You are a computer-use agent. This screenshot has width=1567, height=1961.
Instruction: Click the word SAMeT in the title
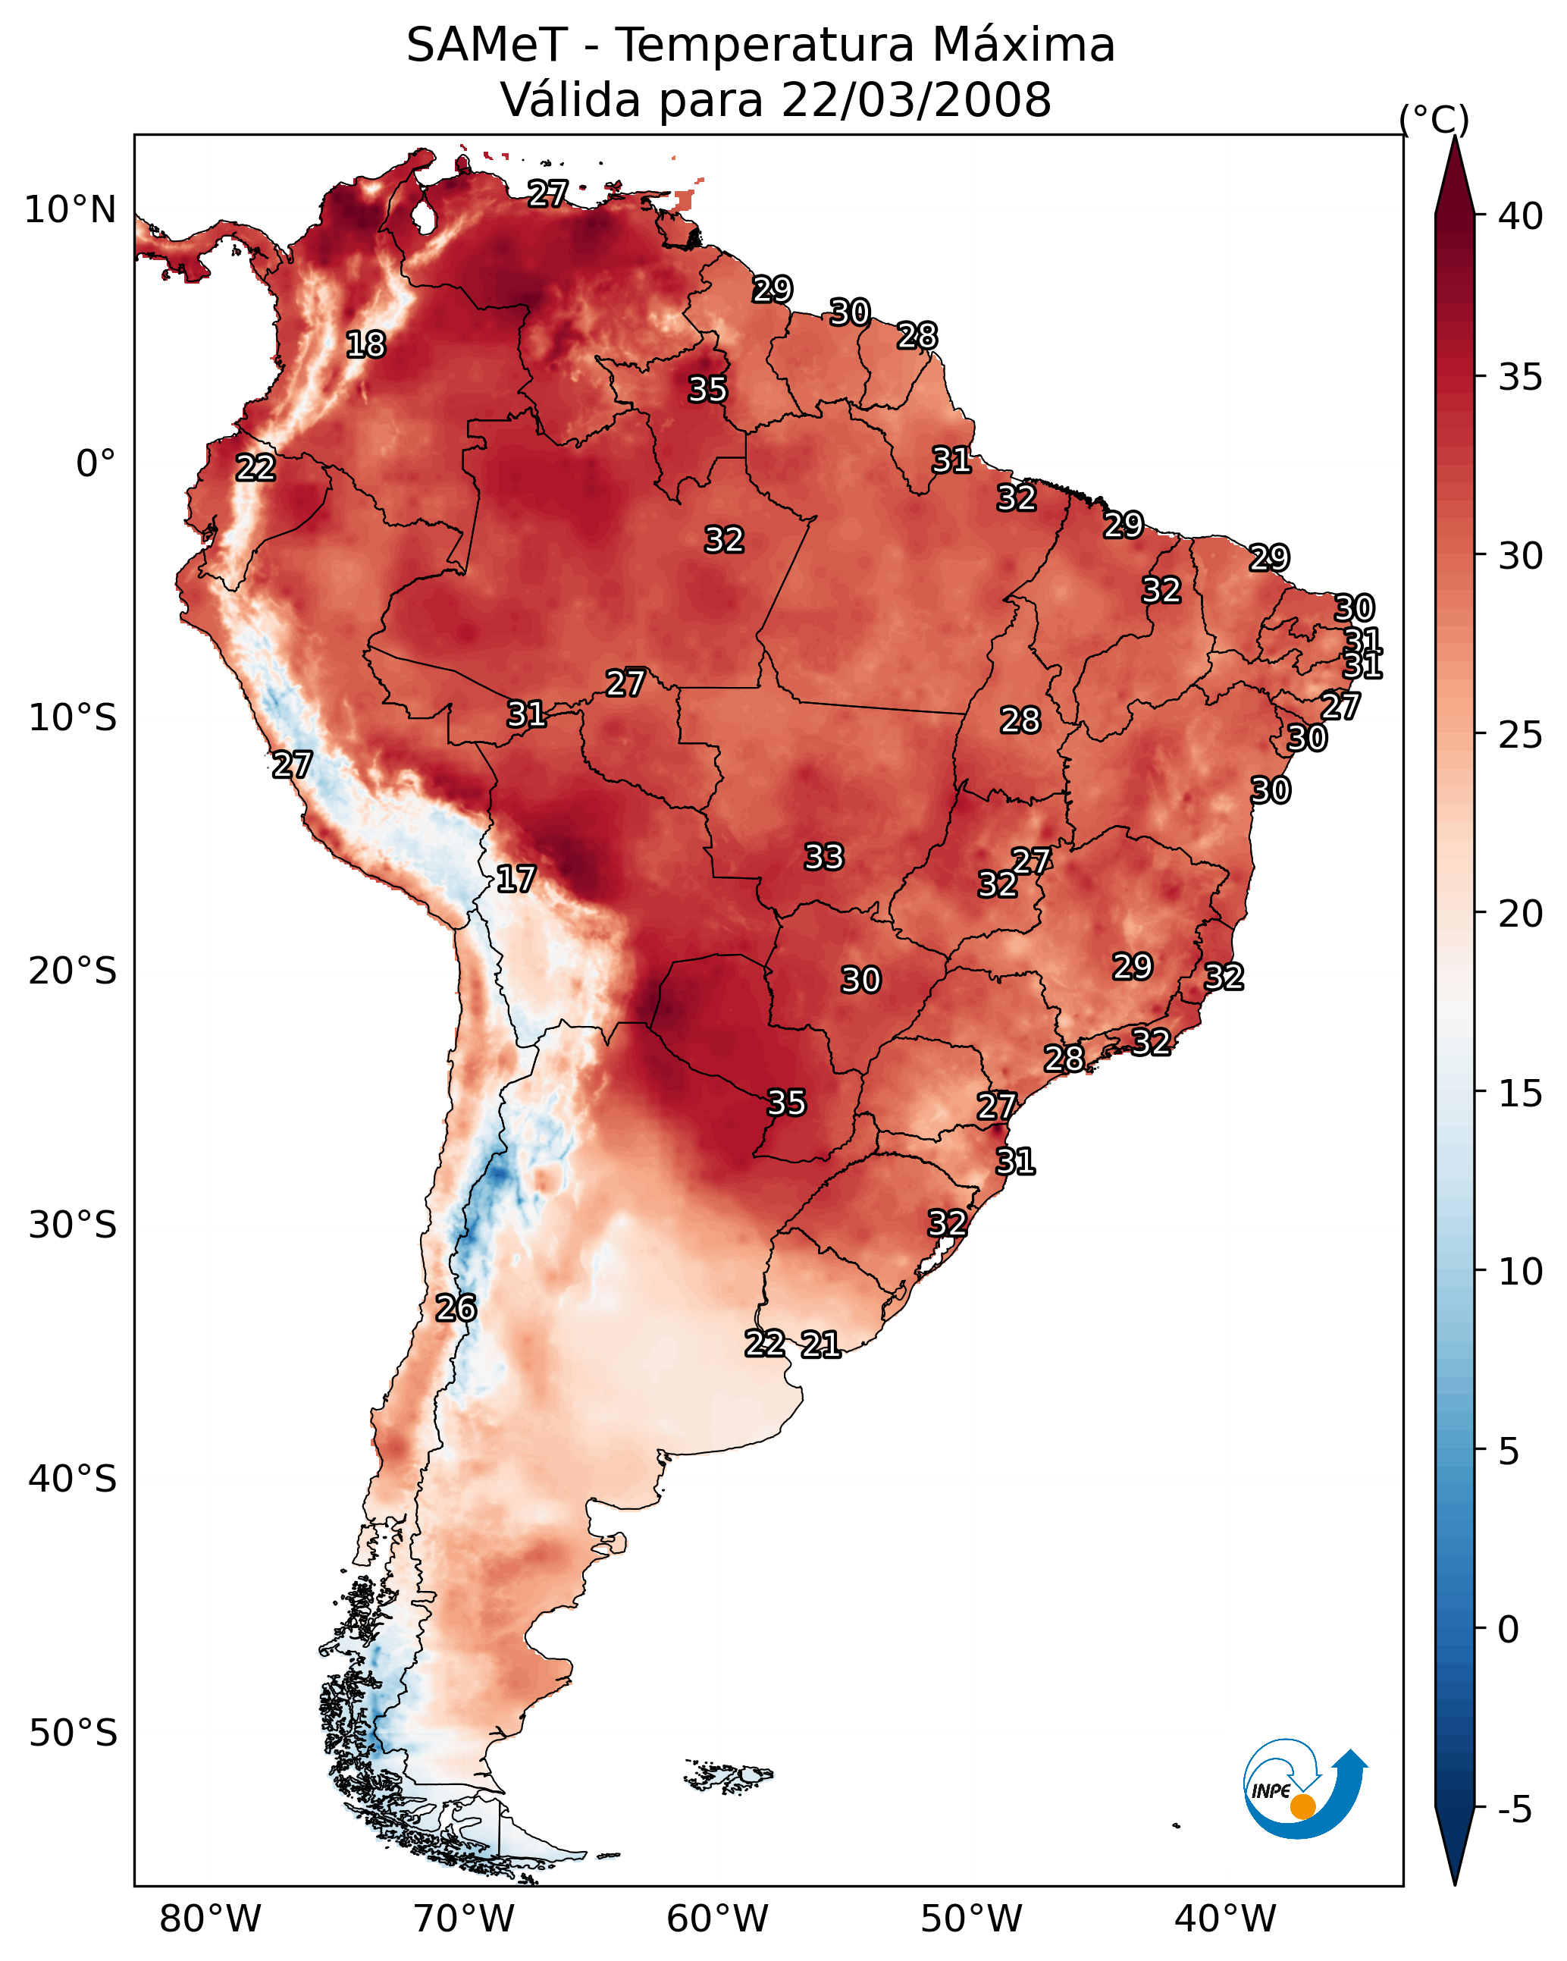point(487,45)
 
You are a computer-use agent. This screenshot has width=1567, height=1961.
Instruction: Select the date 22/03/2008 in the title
point(916,100)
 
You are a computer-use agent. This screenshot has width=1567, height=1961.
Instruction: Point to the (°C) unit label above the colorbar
point(1434,119)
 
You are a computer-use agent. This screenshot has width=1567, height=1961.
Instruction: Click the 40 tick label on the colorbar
point(1521,216)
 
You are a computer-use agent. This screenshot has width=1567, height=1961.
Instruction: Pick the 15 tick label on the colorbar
point(1521,1093)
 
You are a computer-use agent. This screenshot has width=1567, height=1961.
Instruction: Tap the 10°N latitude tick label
point(70,210)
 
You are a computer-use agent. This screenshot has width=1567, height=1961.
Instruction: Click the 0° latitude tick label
point(96,464)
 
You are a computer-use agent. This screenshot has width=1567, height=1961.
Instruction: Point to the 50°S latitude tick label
point(73,1734)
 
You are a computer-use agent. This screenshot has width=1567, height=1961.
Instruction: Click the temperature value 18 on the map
point(365,345)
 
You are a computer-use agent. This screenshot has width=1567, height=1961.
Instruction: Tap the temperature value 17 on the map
point(516,879)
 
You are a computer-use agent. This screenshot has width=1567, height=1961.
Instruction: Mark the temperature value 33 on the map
point(824,857)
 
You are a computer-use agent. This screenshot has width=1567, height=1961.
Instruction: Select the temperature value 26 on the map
point(456,1308)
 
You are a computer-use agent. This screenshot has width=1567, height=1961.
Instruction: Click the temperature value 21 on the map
point(820,1344)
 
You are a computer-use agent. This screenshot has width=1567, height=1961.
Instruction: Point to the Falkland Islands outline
point(729,1775)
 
